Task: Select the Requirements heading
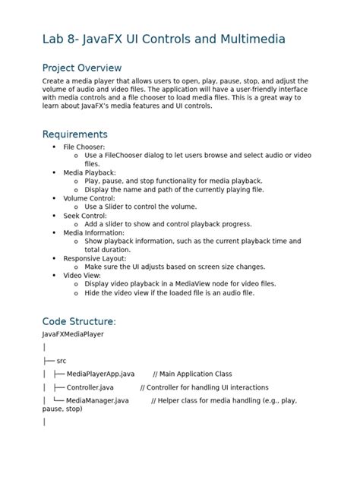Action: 74,134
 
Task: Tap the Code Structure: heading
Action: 79,321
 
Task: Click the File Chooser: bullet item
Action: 84,147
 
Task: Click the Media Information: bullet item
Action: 94,232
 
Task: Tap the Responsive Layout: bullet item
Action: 95,258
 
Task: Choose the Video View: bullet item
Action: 82,275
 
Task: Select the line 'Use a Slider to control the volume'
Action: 141,206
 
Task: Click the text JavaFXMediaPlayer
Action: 73,333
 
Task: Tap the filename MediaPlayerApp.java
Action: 100,374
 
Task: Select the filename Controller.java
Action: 90,387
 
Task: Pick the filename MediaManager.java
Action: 97,400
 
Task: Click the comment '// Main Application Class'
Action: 192,374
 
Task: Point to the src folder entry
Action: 62,360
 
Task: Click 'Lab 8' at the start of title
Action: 60,39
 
